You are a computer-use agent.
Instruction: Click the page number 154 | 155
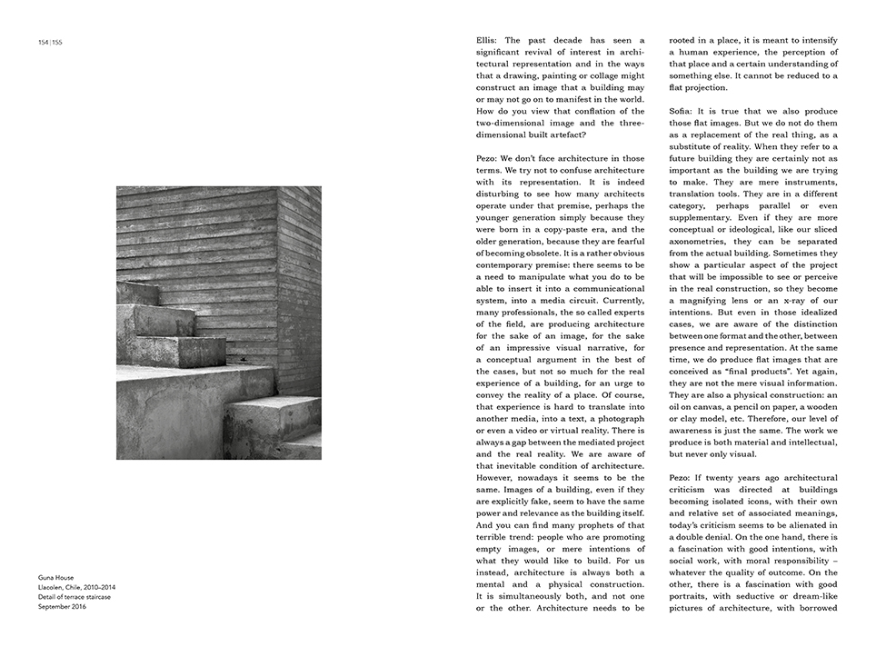tap(50, 42)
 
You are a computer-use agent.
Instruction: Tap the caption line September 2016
tap(63, 606)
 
